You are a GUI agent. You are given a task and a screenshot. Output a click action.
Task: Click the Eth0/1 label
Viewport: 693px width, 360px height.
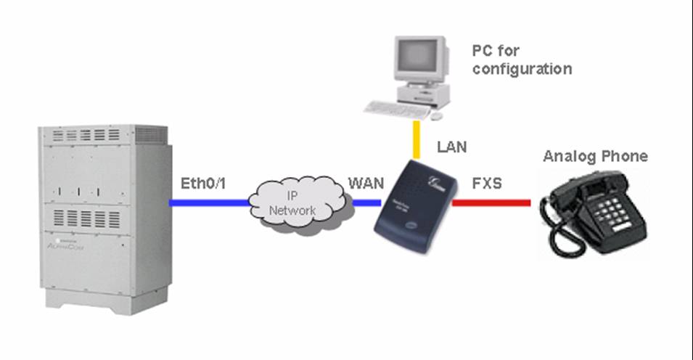click(203, 184)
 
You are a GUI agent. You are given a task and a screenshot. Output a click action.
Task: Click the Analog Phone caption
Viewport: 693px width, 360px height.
click(595, 156)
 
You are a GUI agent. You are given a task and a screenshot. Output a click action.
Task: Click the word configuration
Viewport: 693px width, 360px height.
click(522, 70)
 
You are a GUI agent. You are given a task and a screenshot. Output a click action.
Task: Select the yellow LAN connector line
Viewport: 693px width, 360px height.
click(417, 141)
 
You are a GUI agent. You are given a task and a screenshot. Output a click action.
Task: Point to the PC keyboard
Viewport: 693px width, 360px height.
click(396, 110)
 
